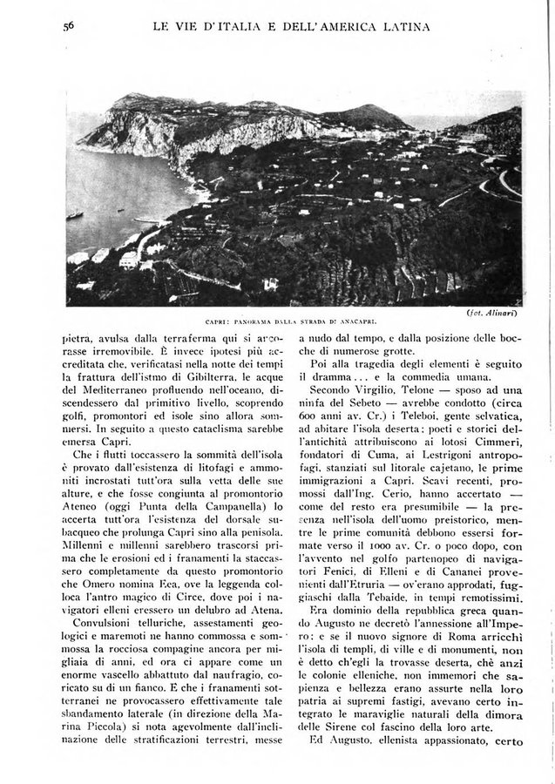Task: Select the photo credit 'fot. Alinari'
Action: (492, 311)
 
